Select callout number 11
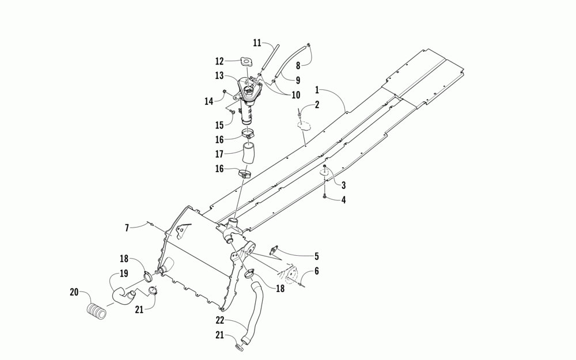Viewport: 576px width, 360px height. point(257,43)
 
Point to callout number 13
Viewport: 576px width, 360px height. point(219,75)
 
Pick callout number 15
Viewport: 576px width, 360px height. point(219,125)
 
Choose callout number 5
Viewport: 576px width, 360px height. point(316,256)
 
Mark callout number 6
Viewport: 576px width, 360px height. point(316,272)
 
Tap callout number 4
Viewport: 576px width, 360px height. point(344,200)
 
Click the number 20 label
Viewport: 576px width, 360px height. point(74,292)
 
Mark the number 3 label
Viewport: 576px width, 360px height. point(343,185)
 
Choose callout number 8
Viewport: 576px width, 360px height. point(298,65)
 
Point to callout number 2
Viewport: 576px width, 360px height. point(316,105)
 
